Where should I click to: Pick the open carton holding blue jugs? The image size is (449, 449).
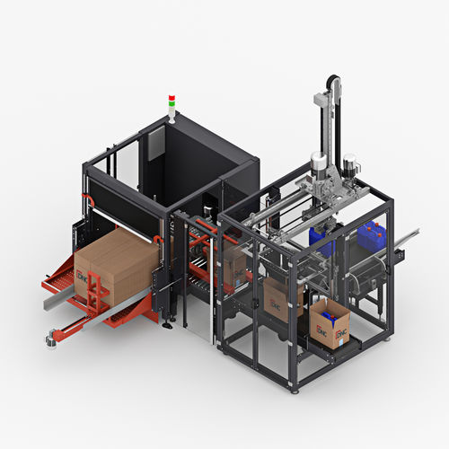[x=330, y=323]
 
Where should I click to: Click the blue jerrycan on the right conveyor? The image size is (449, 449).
[x=372, y=235]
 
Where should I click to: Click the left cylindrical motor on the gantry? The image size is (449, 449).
[x=317, y=165]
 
